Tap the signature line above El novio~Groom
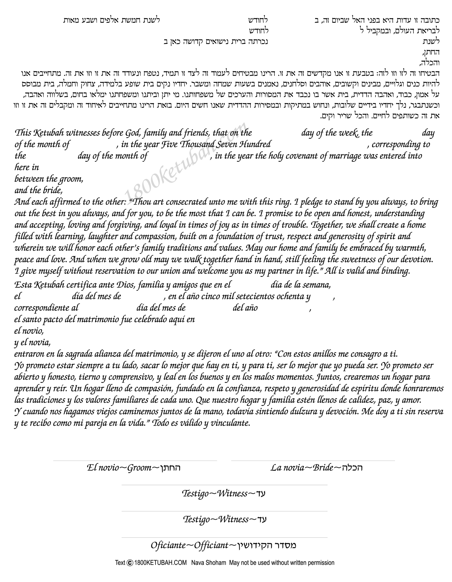[x=135, y=461]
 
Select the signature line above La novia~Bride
[x=313, y=461]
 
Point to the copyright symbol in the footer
[x=130, y=562]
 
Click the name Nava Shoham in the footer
[x=208, y=562]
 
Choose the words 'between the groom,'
[x=49, y=179]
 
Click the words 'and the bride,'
[x=39, y=190]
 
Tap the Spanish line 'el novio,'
[x=29, y=331]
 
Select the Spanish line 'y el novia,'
[x=33, y=343]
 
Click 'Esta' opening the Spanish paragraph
[x=23, y=285]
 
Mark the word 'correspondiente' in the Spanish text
[x=46, y=308]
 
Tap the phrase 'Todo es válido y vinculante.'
[x=202, y=423]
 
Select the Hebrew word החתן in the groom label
[x=170, y=468]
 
